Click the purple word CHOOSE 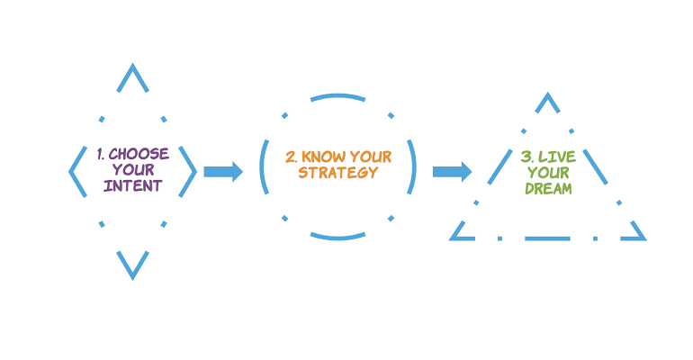tap(139, 154)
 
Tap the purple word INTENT tap(133, 185)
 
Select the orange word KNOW tap(324, 157)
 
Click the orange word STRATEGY tap(338, 173)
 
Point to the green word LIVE tap(557, 157)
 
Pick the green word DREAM tap(548, 189)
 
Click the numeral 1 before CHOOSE tap(100, 154)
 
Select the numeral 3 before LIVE tap(526, 157)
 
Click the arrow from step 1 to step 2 tap(223, 172)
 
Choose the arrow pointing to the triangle tap(452, 172)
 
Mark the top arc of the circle tap(338, 95)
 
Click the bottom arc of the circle tap(338, 238)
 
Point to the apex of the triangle tap(547, 94)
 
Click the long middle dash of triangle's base tap(547, 238)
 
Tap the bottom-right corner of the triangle tap(646, 240)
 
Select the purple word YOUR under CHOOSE tap(133, 169)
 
